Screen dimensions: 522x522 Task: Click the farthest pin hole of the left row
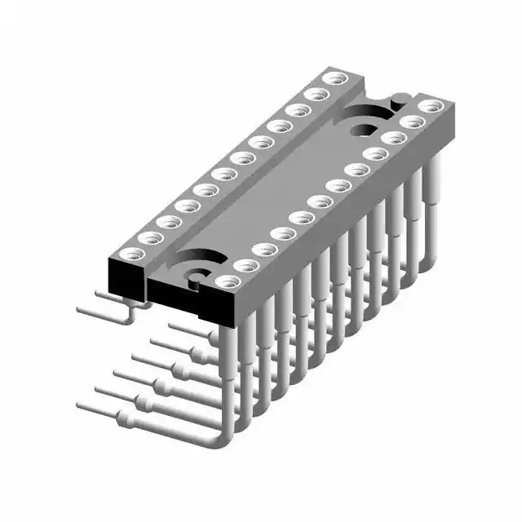coord(332,78)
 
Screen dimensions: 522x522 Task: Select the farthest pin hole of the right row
coord(432,105)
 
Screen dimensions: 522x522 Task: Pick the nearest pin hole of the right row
coord(228,281)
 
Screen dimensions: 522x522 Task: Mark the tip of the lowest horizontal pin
coord(82,405)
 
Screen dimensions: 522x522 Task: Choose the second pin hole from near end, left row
coord(149,237)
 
